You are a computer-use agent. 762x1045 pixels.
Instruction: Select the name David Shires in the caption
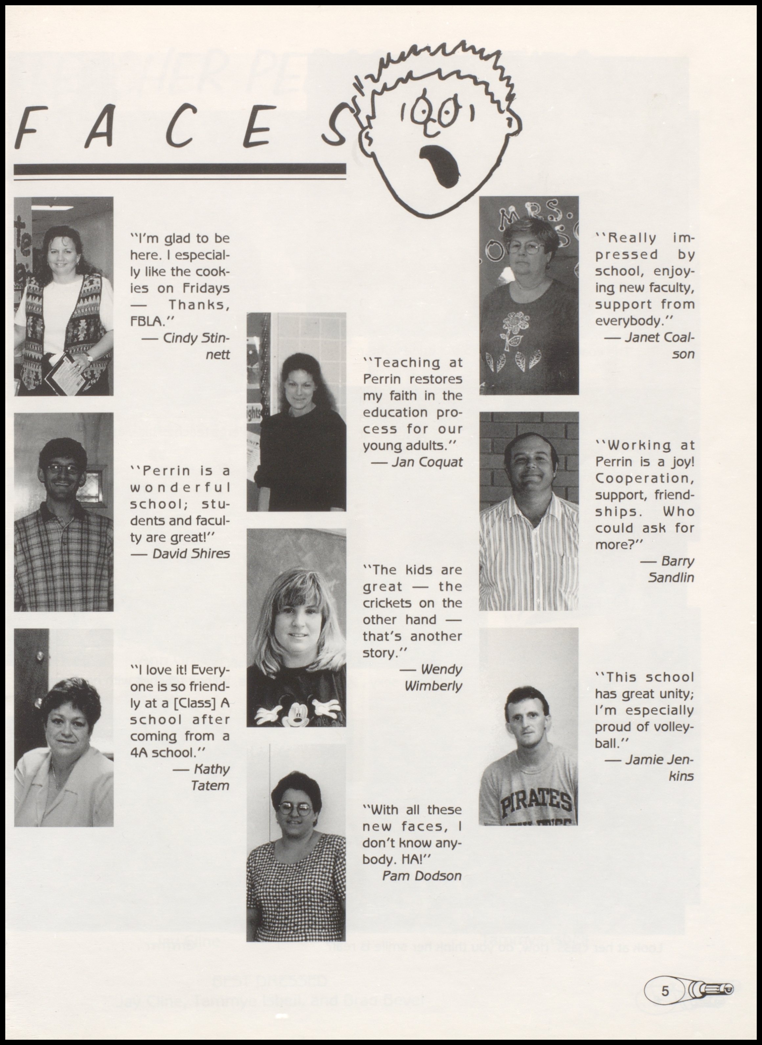(190, 554)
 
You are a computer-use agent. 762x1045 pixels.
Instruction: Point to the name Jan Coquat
(427, 462)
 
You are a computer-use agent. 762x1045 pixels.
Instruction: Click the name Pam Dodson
(422, 876)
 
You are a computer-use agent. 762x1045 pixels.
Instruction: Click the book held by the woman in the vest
(65, 372)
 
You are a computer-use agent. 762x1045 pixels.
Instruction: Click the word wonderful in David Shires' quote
(180, 487)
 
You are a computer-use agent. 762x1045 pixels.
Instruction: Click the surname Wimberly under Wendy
(433, 686)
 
